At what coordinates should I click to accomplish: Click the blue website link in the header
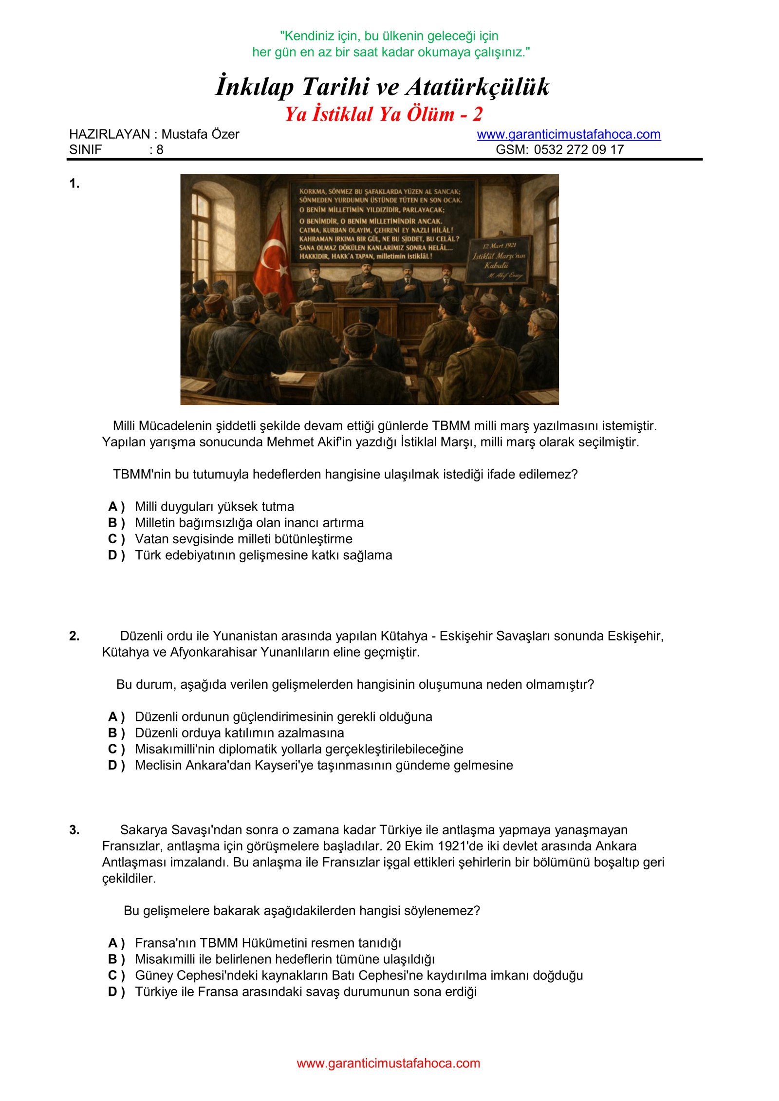pyautogui.click(x=568, y=134)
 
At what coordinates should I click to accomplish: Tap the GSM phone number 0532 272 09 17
pyautogui.click(x=578, y=149)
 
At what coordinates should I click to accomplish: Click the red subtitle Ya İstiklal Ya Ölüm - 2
pyautogui.click(x=383, y=114)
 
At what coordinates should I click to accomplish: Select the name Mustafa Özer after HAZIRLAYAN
pyautogui.click(x=200, y=134)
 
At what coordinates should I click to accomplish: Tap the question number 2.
pyautogui.click(x=74, y=636)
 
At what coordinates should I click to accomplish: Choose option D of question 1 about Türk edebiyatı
pyautogui.click(x=263, y=555)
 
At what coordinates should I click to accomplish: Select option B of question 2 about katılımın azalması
pyautogui.click(x=239, y=733)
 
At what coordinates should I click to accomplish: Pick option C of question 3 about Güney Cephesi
pyautogui.click(x=358, y=975)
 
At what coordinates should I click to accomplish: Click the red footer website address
pyautogui.click(x=388, y=1063)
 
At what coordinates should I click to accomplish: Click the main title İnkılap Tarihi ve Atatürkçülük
pyautogui.click(x=383, y=87)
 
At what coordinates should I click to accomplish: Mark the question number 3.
pyautogui.click(x=74, y=830)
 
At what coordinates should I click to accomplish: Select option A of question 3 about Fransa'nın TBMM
pyautogui.click(x=268, y=943)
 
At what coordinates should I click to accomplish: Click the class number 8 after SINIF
pyautogui.click(x=160, y=149)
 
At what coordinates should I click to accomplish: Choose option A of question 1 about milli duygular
pyautogui.click(x=214, y=507)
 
